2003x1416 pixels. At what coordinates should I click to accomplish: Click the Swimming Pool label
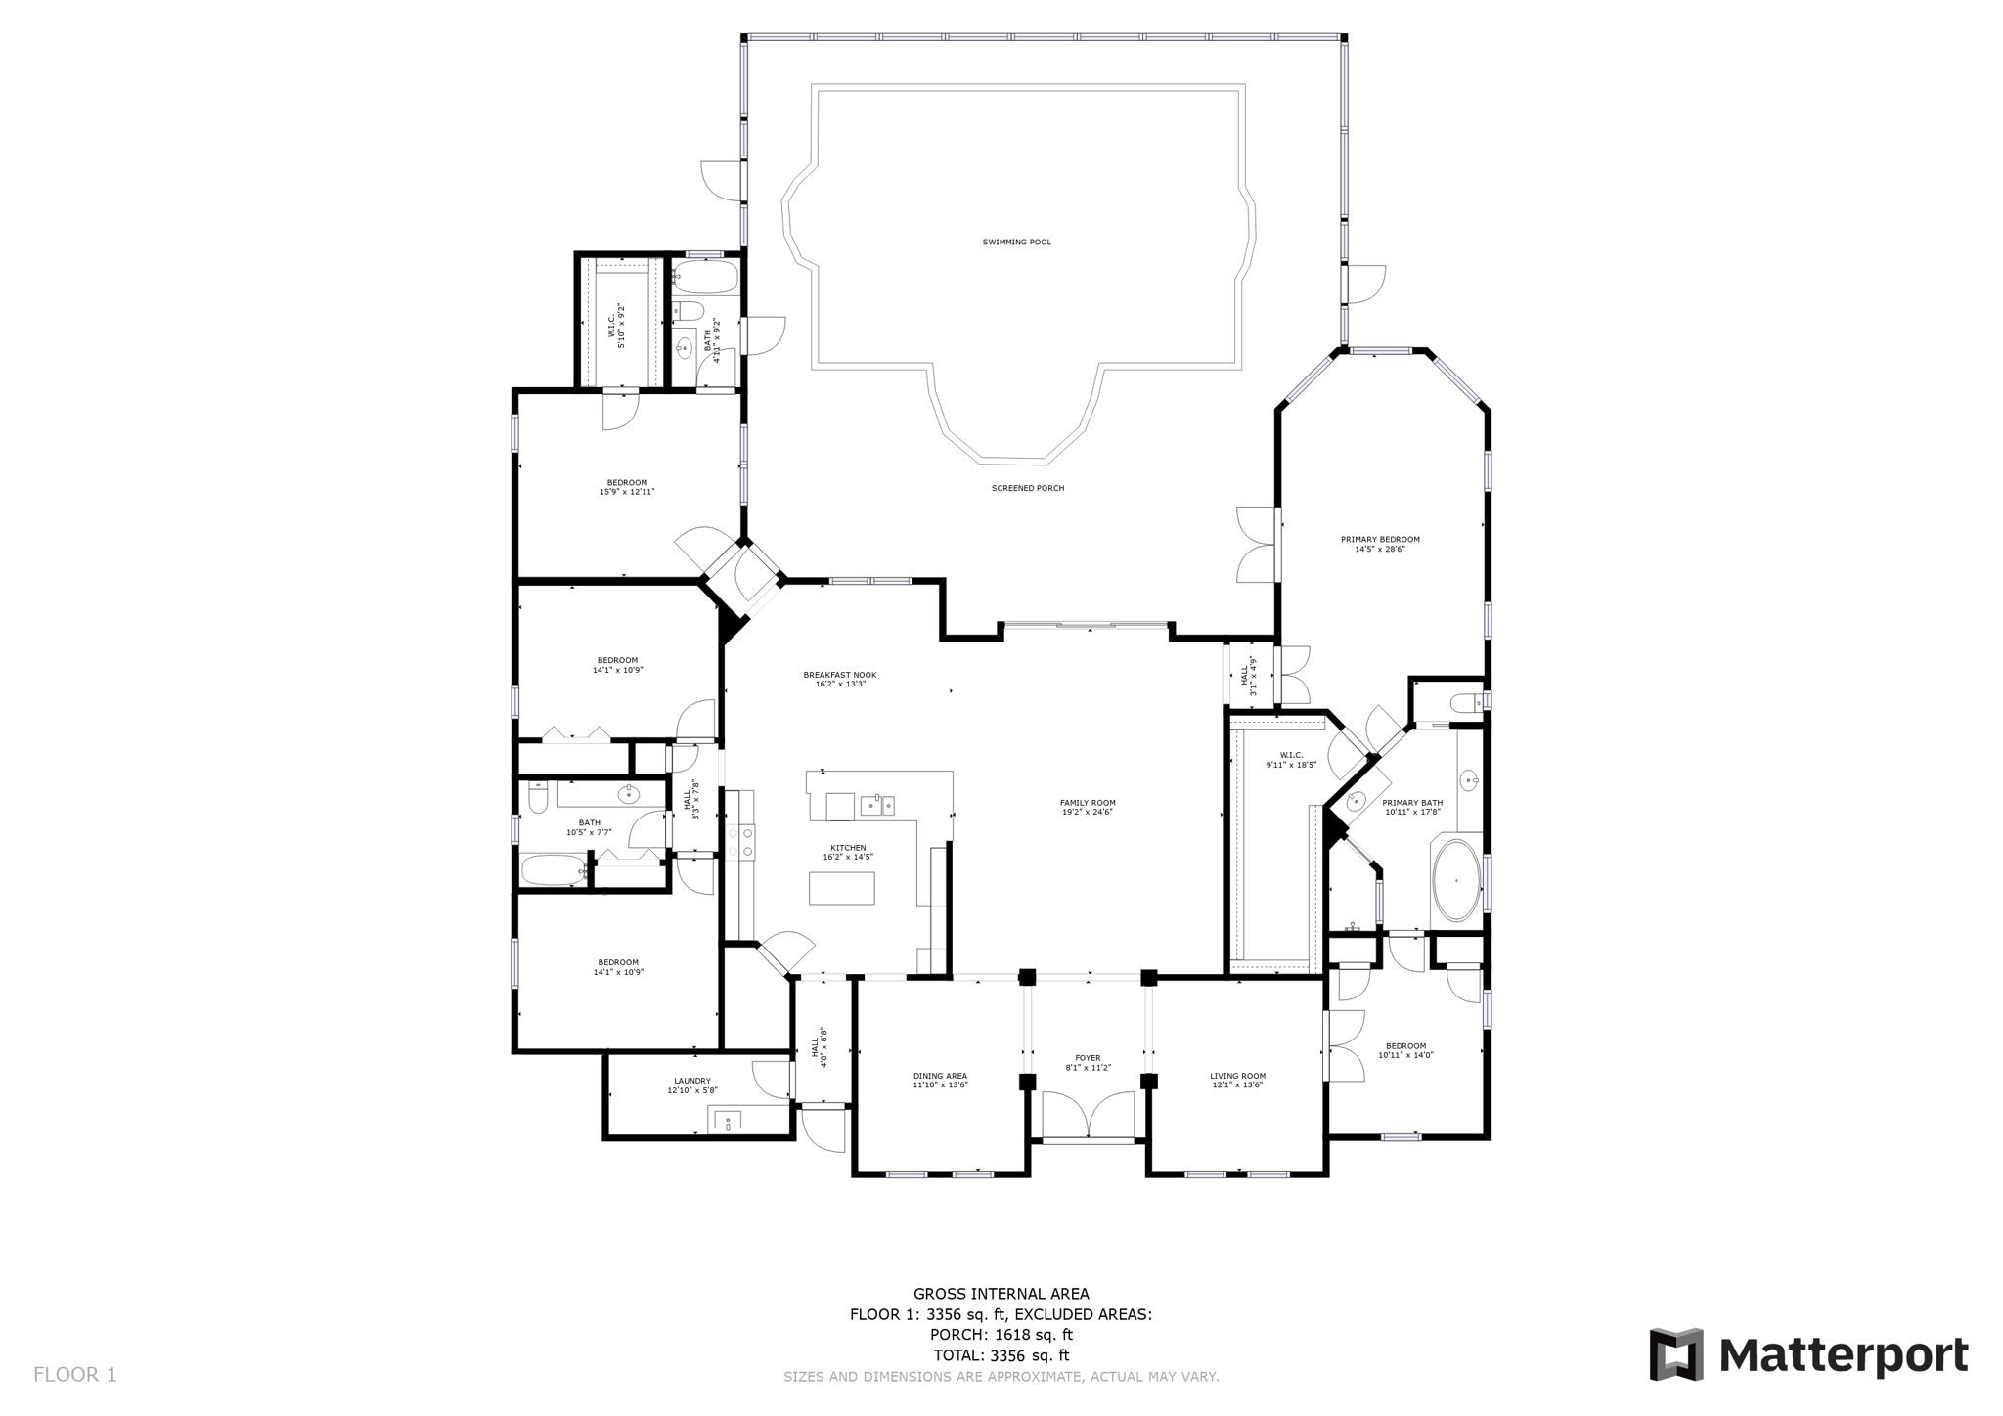[1016, 242]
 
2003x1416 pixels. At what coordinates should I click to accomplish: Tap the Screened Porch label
[1027, 488]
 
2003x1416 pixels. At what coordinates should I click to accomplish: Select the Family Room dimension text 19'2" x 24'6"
[1088, 812]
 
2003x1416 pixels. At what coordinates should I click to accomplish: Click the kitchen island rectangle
[841, 888]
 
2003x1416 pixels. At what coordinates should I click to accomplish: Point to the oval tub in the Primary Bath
[1456, 881]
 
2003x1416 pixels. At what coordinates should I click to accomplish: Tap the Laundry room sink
[727, 1120]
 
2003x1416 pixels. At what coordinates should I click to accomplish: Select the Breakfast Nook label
[839, 675]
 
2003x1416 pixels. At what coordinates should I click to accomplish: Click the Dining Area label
[940, 1076]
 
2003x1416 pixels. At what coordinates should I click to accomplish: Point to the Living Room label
[1237, 1076]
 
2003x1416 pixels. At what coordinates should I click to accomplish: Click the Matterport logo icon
[1676, 1354]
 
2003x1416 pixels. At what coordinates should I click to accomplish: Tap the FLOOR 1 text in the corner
[75, 1374]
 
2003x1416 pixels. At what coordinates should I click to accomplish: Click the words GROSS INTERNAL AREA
[1001, 1293]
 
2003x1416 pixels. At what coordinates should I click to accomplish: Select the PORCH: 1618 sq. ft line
[1001, 1334]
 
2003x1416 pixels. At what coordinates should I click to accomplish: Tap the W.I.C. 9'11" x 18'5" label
[1291, 760]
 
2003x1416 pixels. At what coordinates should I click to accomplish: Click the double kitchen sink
[876, 805]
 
